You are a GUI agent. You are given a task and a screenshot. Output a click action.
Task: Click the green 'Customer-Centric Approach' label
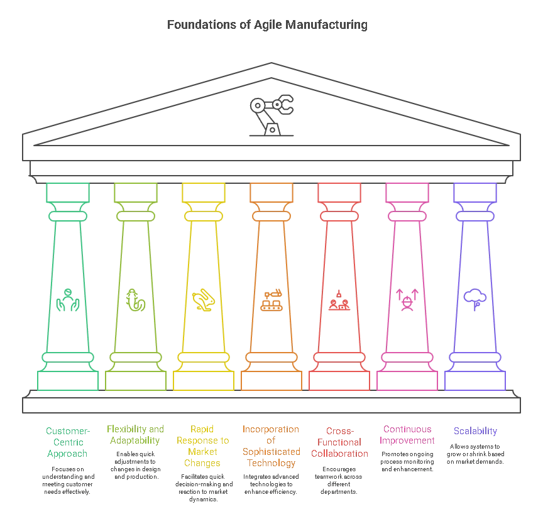tap(68, 442)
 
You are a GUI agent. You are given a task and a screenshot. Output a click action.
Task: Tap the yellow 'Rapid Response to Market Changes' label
tap(203, 447)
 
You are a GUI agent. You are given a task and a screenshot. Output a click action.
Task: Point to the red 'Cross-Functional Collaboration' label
tap(339, 442)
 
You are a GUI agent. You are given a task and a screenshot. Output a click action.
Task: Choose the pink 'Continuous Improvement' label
tap(408, 435)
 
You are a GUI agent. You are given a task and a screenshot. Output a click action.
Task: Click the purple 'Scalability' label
tap(475, 431)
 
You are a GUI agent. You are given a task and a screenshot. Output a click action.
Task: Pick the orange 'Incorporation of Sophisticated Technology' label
tap(271, 447)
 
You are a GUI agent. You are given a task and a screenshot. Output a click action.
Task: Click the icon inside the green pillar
tap(68, 300)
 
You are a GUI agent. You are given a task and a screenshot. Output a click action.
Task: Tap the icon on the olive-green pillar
tap(136, 300)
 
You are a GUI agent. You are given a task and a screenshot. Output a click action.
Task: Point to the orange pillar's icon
tap(271, 300)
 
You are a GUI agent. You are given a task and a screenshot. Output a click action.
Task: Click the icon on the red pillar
tap(339, 300)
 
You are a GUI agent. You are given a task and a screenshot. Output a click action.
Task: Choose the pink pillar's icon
tap(407, 299)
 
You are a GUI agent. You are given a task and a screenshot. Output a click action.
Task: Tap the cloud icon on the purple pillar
tap(475, 297)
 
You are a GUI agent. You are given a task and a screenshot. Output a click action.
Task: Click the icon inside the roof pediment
tap(271, 107)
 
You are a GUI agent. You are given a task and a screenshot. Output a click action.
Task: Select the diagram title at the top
tap(266, 26)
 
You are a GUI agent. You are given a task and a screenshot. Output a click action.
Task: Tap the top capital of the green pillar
tap(68, 192)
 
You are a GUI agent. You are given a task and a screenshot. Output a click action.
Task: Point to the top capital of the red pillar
tap(339, 192)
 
